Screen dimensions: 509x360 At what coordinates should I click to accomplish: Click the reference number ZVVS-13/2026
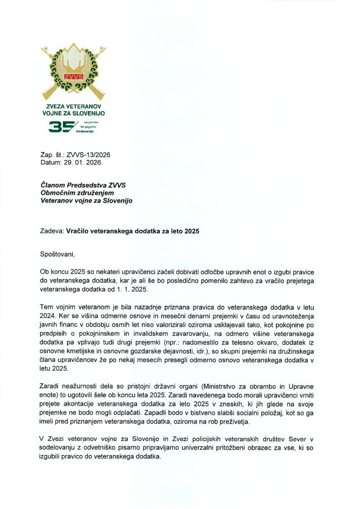click(x=88, y=155)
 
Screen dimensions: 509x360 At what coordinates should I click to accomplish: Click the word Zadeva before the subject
click(x=52, y=231)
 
